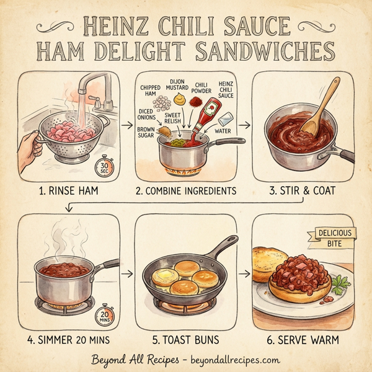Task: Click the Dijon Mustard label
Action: pos(180,83)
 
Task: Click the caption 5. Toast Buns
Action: pos(185,340)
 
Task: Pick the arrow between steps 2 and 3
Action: pos(244,125)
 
